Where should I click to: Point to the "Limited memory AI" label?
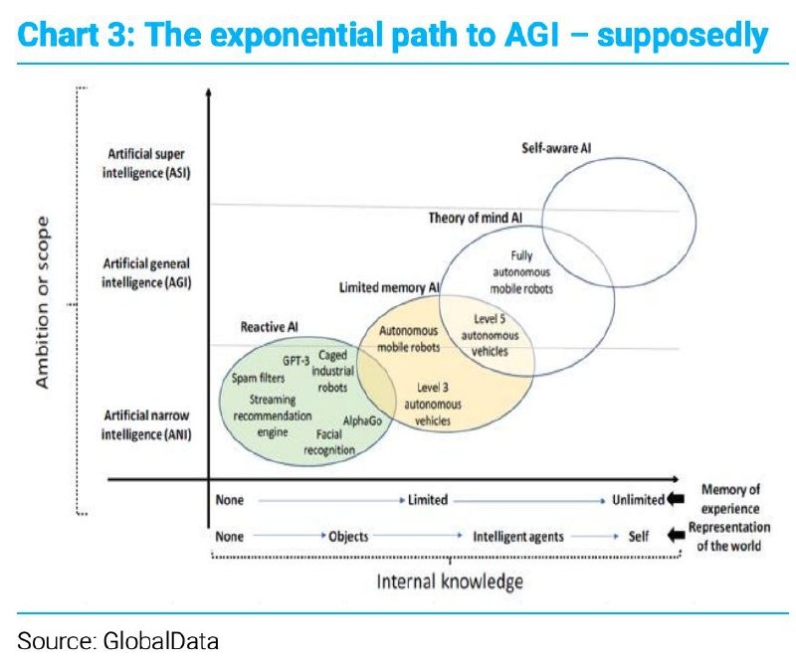pyautogui.click(x=389, y=287)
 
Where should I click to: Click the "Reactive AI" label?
pyautogui.click(x=270, y=326)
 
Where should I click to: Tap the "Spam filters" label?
pyautogui.click(x=258, y=378)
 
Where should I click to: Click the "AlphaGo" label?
pyautogui.click(x=362, y=420)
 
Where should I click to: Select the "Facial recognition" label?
pyautogui.click(x=329, y=442)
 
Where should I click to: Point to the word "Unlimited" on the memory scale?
pyautogui.click(x=639, y=500)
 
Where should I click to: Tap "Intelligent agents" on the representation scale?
pyautogui.click(x=517, y=537)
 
